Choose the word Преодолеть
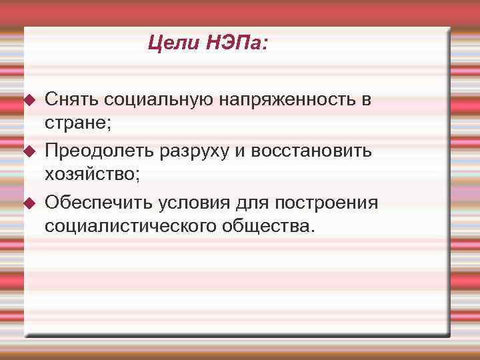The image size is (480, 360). (99, 151)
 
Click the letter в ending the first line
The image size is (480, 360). (366, 100)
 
